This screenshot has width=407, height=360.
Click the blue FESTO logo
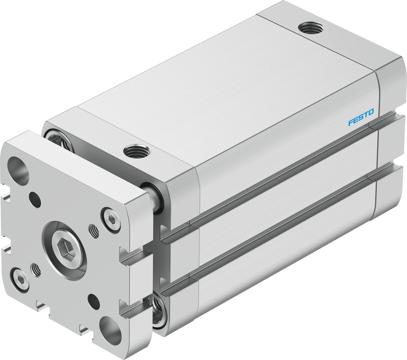coord(361,122)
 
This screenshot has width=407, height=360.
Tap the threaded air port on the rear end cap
coord(311,28)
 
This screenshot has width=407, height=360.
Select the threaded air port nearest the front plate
coord(136,151)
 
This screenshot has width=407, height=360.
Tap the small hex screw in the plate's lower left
coord(20,279)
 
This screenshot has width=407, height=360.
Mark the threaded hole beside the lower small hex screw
coord(36,269)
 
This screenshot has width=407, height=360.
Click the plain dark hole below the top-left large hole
coord(35,200)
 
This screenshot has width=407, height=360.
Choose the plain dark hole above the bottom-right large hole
coord(94,302)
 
